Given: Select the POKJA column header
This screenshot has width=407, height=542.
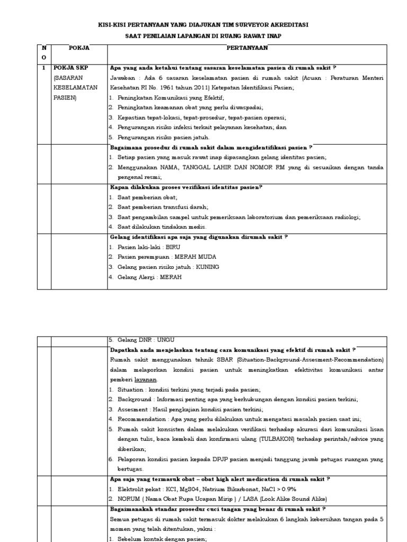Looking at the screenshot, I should click(79, 48).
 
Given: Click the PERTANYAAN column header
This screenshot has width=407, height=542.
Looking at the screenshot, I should click(247, 48).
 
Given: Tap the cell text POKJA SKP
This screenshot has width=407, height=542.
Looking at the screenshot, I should click(70, 68).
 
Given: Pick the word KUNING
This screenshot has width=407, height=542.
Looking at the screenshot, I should click(208, 267).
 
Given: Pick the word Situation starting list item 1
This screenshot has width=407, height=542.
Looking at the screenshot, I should click(130, 390).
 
